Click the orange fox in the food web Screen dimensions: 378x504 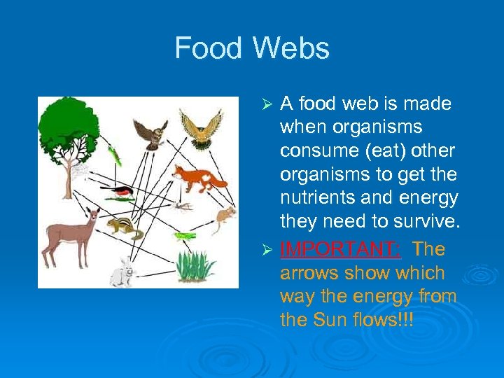tap(199, 178)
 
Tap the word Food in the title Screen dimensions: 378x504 tap(209, 48)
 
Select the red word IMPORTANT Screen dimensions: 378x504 tap(340, 249)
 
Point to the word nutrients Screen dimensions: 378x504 tap(318, 198)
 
